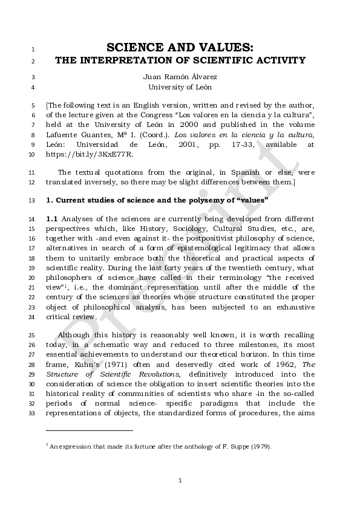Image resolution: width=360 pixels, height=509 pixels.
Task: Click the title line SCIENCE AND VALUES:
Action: point(180,47)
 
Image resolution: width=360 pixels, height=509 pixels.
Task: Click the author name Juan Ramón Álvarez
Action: point(179,77)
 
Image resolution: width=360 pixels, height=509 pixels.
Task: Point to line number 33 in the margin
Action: point(32,412)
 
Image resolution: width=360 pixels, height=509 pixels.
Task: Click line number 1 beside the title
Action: point(33,48)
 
